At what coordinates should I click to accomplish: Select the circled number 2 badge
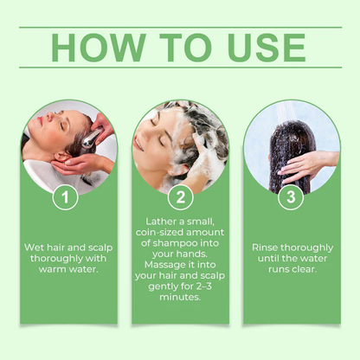(180, 198)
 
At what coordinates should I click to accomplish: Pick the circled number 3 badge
(291, 198)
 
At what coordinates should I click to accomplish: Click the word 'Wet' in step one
(35, 247)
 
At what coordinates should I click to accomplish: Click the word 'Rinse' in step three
(266, 247)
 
